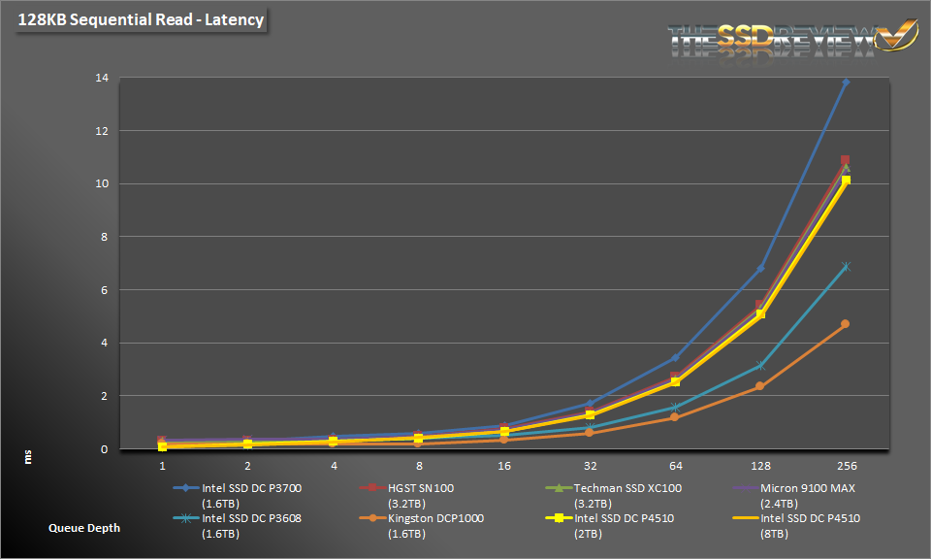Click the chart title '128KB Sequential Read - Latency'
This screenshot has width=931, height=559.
tap(140, 19)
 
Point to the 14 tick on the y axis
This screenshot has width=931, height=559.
tap(101, 78)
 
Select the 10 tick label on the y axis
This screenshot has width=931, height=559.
tap(101, 183)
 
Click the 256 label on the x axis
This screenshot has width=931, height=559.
tap(846, 466)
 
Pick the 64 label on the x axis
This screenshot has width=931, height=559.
tap(673, 466)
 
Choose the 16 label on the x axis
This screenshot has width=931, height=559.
tap(504, 466)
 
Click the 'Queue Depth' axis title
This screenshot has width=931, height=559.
tap(85, 528)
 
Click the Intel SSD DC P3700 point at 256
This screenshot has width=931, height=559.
tap(846, 82)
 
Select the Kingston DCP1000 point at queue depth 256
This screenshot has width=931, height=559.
tap(846, 324)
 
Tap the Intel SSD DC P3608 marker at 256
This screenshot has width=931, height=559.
tap(846, 266)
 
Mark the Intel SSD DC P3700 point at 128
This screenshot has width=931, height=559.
tap(760, 269)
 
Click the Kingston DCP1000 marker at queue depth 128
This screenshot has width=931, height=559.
tap(760, 386)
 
